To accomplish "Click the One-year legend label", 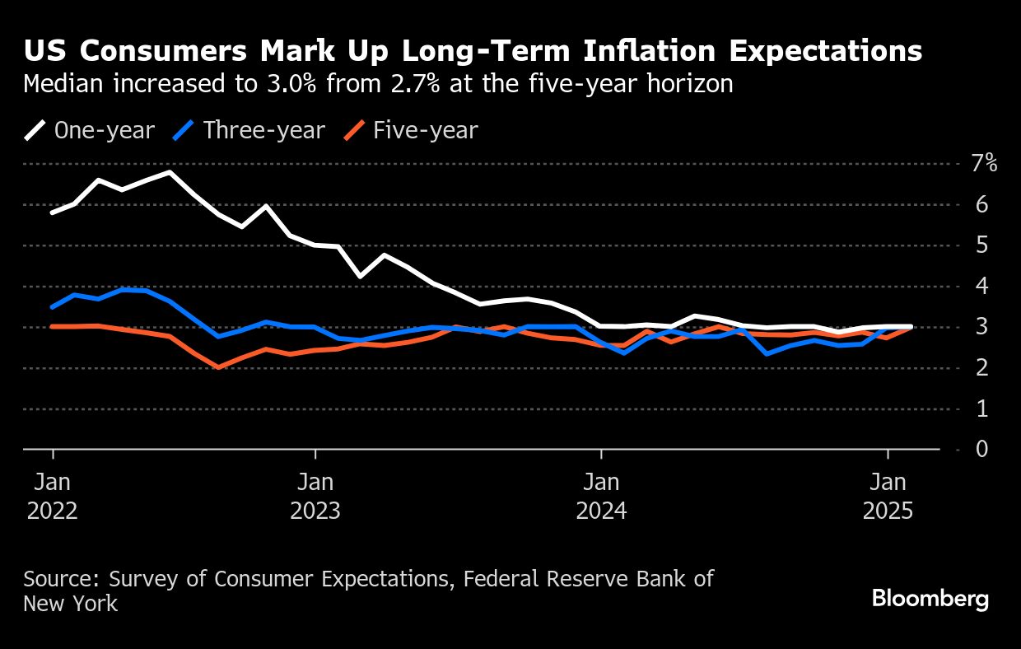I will click(104, 130).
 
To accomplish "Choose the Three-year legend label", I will click(264, 130).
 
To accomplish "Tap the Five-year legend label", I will click(425, 130).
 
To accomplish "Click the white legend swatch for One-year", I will click(35, 130).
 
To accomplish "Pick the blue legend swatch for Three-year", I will click(185, 130).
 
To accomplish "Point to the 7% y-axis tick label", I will click(984, 163).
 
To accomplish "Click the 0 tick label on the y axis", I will click(981, 449).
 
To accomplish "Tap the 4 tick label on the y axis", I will click(981, 286).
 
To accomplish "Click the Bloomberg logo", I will click(930, 599).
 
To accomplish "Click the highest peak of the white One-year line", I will click(170, 172).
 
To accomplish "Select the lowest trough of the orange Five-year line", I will click(217, 367).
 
